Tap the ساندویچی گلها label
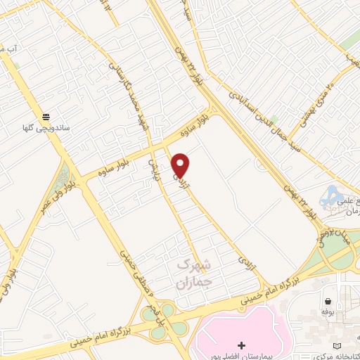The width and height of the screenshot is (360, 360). coord(46,129)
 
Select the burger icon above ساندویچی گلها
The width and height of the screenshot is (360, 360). coord(46,117)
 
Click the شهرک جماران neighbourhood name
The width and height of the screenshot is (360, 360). coord(184,274)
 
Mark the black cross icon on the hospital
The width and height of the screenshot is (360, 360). coord(242,345)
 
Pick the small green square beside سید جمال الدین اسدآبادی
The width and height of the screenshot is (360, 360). coord(274,120)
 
